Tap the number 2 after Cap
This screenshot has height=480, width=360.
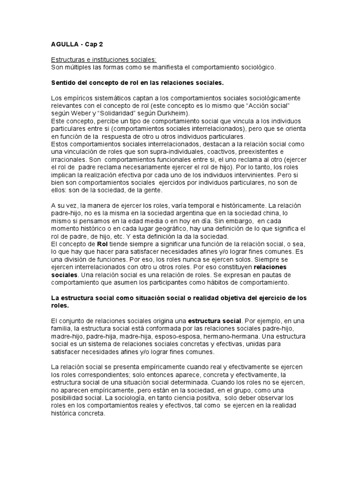100,45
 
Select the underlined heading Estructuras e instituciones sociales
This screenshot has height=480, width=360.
104,60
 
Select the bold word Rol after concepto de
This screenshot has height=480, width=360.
103,244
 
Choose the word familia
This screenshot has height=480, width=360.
61,329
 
